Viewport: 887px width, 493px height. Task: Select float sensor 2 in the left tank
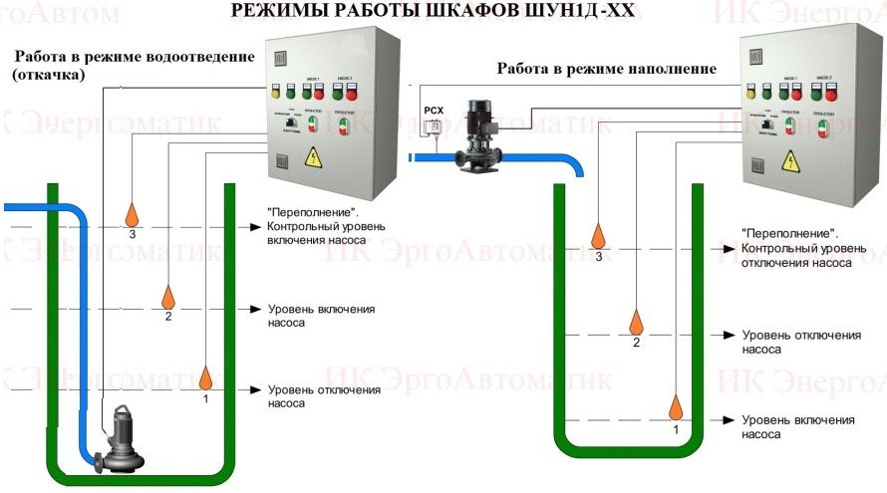coord(168,296)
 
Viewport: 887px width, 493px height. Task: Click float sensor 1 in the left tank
coord(205,377)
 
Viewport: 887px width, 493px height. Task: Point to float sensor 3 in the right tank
coord(599,236)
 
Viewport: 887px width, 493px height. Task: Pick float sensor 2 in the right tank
coord(637,322)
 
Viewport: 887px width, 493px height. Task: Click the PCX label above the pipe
coord(433,111)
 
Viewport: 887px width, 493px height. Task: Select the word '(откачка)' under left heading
coord(48,74)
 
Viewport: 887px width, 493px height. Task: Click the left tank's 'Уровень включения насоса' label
coord(320,316)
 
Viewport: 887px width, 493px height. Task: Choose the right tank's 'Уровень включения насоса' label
coord(798,427)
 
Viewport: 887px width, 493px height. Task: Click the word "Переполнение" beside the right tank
coord(787,233)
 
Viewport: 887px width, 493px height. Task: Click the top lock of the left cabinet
coord(280,54)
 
